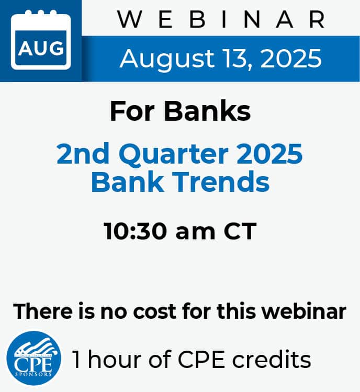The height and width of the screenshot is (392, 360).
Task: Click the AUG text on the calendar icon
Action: tap(41, 48)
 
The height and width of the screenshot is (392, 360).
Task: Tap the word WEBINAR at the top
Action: tap(222, 19)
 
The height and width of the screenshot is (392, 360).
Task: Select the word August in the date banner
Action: tap(167, 59)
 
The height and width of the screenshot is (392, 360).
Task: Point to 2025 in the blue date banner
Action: tap(291, 59)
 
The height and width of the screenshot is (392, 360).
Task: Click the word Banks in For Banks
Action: tap(207, 111)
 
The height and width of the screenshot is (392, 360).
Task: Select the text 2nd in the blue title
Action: tap(83, 154)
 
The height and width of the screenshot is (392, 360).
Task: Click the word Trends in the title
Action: tap(221, 181)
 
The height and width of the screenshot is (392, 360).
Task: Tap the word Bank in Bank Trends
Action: tap(127, 181)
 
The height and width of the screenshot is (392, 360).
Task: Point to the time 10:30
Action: tap(136, 231)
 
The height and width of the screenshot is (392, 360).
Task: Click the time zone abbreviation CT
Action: tap(240, 231)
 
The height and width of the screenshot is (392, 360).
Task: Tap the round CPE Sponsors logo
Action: tap(33, 358)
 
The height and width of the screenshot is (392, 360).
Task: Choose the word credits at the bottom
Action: tap(272, 359)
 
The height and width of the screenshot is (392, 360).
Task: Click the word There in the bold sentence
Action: tap(43, 311)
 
